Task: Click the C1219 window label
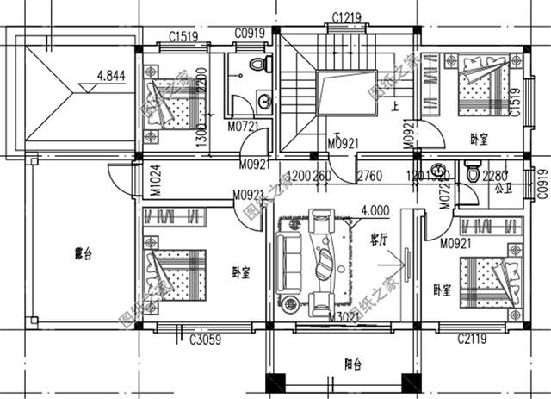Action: tap(347, 17)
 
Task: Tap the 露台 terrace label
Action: tap(84, 254)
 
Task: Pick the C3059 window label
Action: tap(205, 340)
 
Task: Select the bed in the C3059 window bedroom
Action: tap(178, 271)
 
